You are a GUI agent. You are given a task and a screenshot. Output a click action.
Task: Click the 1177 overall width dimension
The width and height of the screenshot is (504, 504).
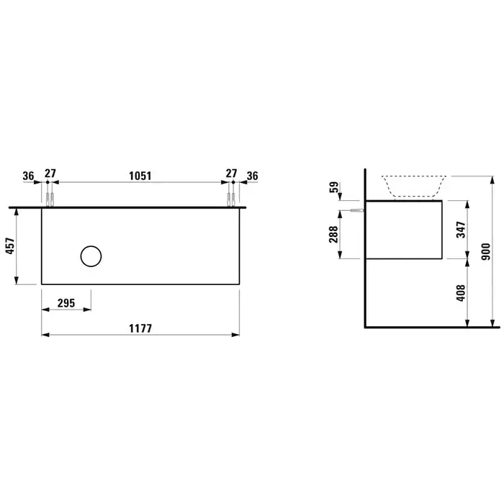[140, 328]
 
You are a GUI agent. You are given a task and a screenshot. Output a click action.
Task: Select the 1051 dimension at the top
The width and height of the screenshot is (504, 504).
[140, 176]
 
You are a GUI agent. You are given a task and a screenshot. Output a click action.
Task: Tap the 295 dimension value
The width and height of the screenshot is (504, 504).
[66, 303]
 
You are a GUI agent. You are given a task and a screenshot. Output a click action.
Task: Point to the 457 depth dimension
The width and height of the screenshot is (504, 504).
[10, 246]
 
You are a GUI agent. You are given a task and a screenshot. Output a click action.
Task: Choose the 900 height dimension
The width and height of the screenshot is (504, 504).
[486, 252]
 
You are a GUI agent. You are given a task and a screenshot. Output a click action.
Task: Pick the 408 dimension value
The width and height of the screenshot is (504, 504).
[461, 293]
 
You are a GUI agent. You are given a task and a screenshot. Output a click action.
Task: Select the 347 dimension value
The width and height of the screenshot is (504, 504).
[461, 230]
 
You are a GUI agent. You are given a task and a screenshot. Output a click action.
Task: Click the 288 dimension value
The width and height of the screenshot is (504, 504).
[333, 234]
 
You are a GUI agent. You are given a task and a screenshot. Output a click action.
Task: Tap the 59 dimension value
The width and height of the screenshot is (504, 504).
[334, 187]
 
